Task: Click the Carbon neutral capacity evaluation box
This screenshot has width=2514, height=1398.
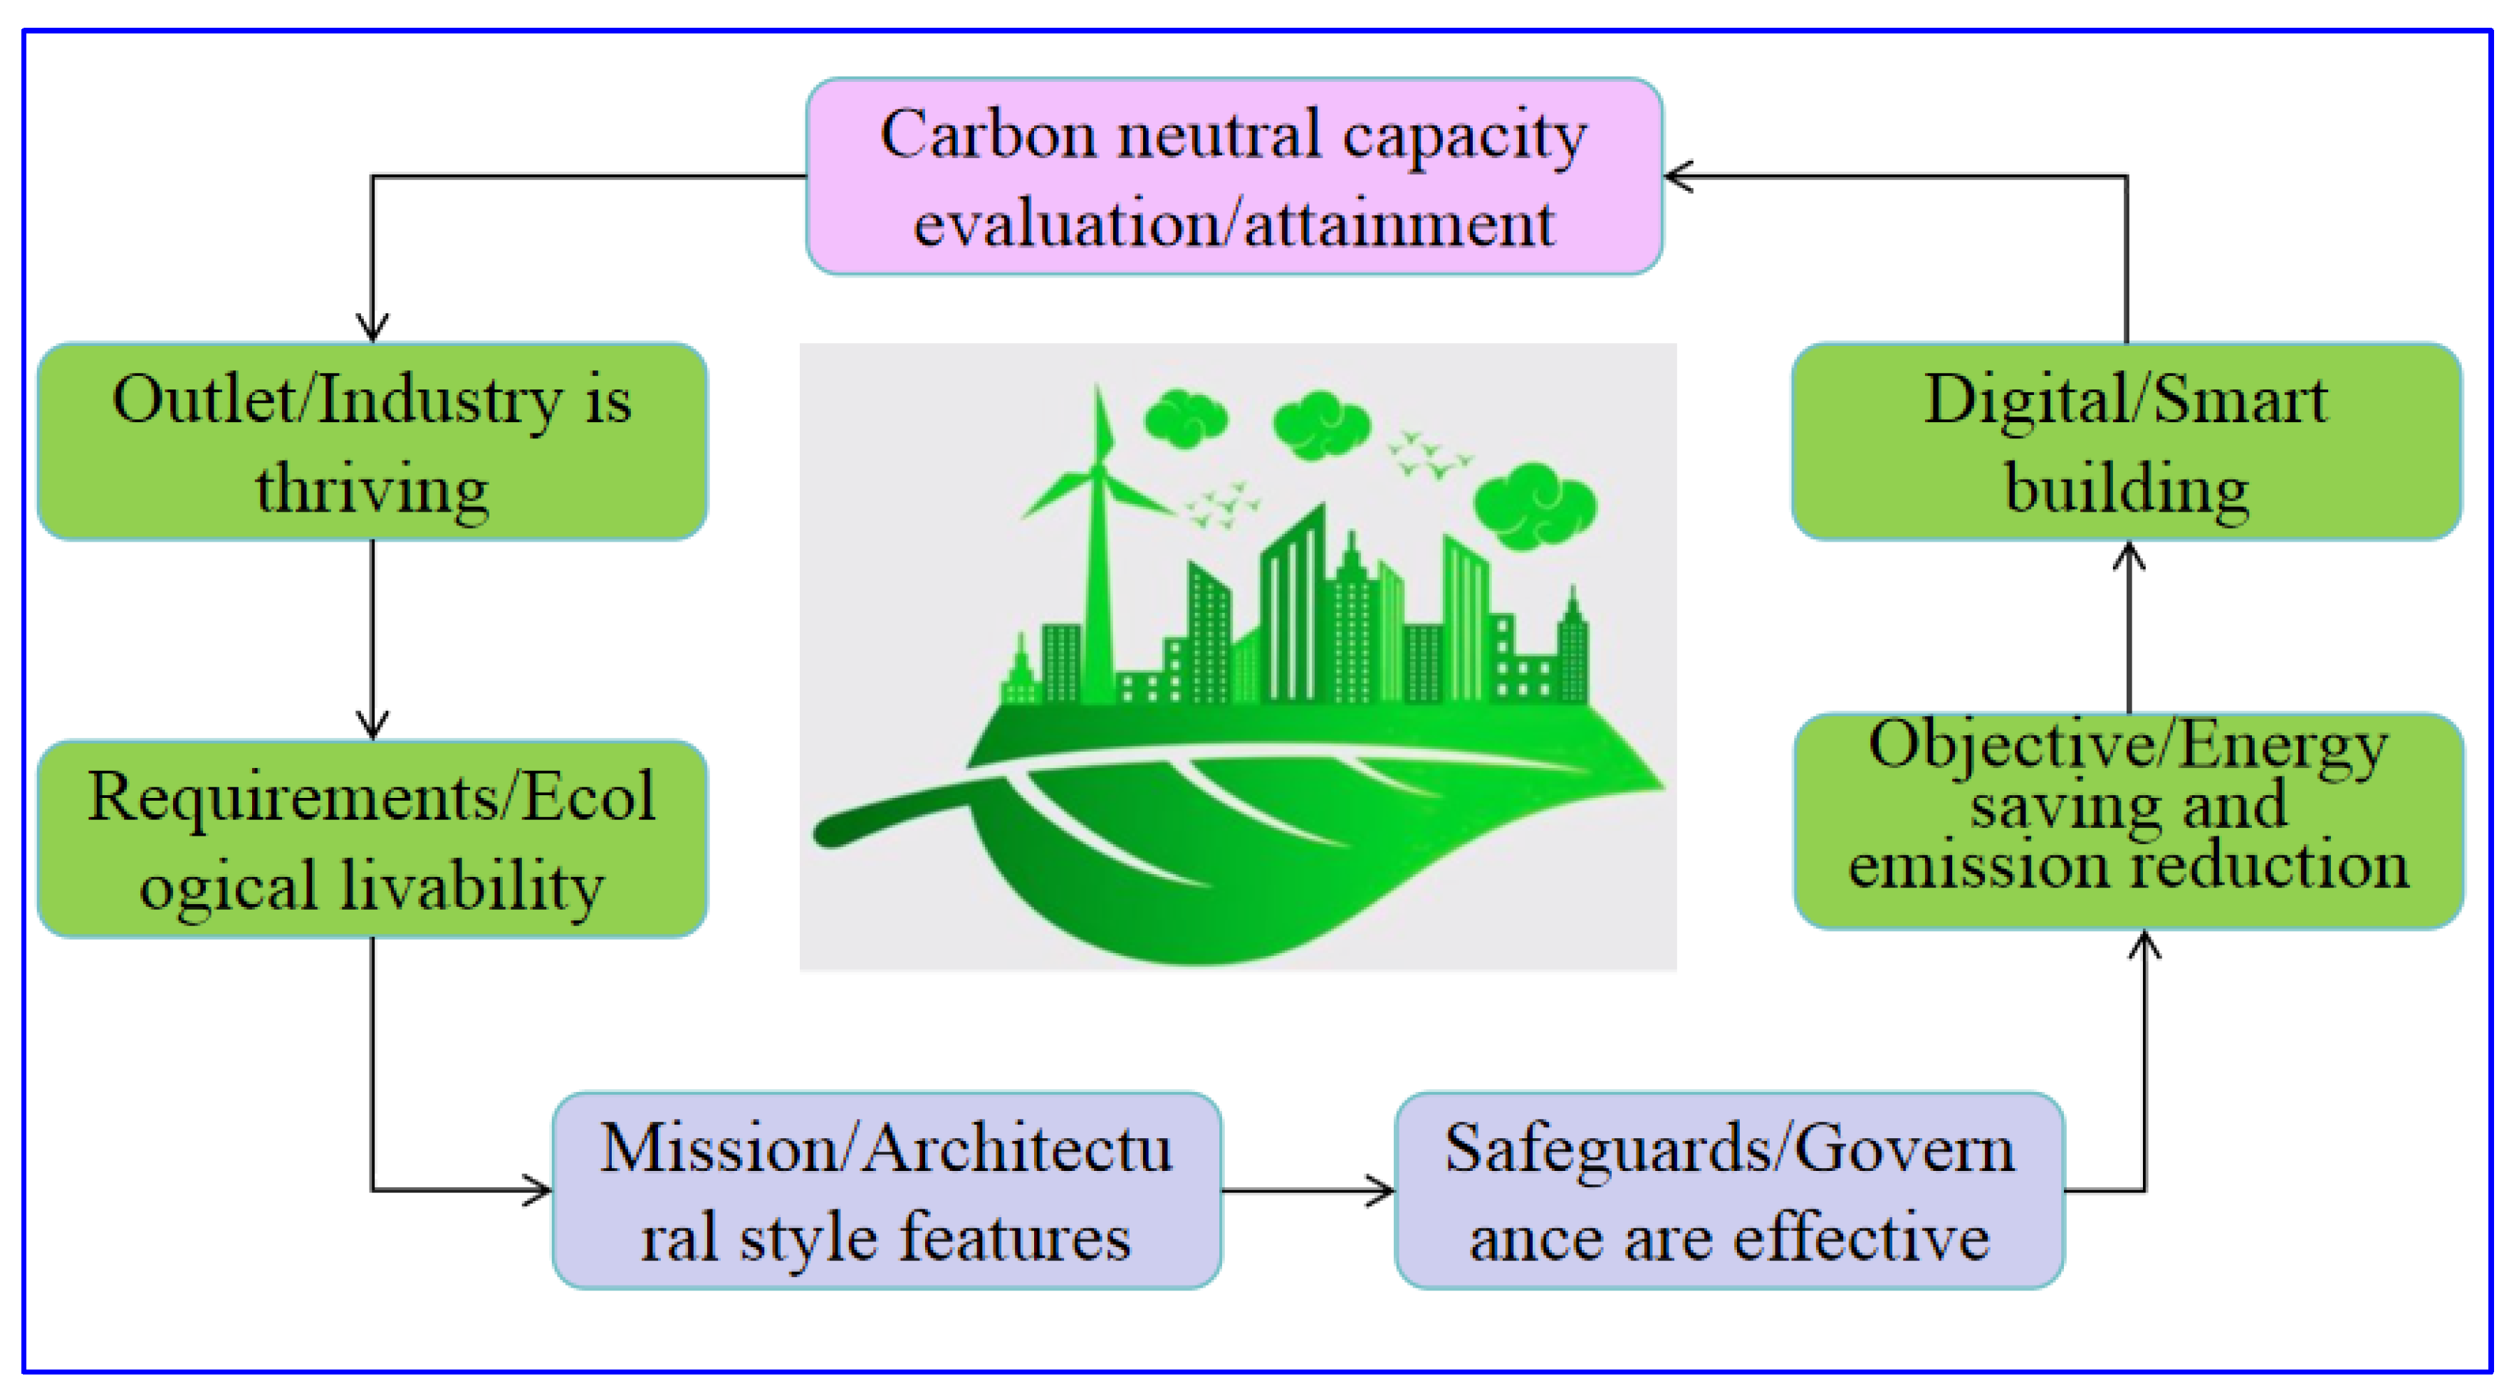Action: click(x=1233, y=177)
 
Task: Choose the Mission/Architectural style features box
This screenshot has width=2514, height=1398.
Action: click(x=886, y=1190)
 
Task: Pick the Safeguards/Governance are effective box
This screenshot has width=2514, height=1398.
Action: click(x=1728, y=1190)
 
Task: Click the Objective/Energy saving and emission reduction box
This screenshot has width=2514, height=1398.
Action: click(x=2127, y=821)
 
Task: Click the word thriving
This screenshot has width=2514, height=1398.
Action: click(x=372, y=488)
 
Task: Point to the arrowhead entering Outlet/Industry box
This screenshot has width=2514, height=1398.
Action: click(x=372, y=330)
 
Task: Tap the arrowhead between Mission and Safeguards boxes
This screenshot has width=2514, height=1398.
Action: click(x=1382, y=1190)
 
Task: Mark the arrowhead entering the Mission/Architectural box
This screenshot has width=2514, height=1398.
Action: click(x=540, y=1190)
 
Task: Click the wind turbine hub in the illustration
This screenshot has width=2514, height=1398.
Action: click(x=1099, y=472)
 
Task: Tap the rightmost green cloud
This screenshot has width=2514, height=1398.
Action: click(x=1533, y=505)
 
